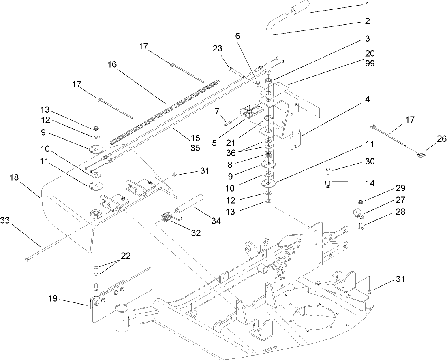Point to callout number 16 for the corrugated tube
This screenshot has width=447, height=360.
coord(112,65)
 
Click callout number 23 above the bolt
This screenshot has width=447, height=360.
coord(218,49)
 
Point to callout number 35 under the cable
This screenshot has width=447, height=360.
coord(195,148)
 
